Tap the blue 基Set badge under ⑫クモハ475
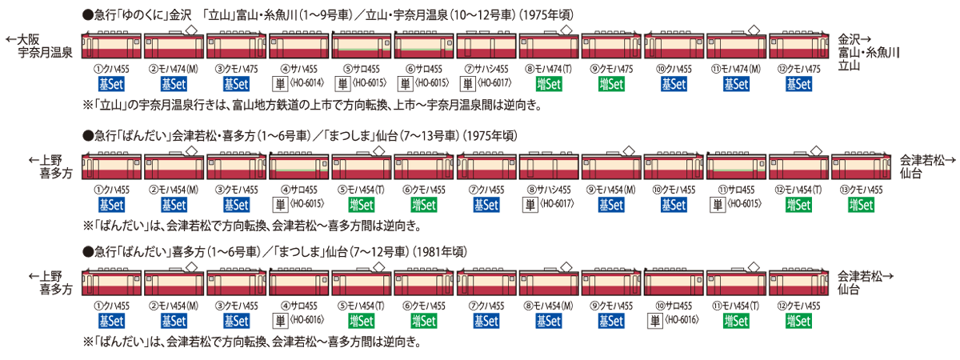point(797,82)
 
